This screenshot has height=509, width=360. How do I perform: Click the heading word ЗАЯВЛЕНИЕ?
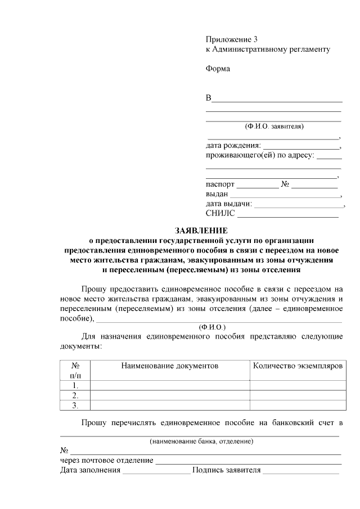pos(201,231)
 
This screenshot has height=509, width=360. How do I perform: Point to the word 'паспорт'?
pos(220,184)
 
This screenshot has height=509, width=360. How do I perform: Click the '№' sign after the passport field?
pos(285,184)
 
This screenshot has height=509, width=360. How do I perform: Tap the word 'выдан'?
pos(217,194)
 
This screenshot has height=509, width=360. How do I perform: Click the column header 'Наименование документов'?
pos(170,366)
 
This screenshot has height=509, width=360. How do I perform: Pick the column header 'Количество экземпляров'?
pos(298,366)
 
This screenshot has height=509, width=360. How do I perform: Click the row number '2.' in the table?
pos(75,395)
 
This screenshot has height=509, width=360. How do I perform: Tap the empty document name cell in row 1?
pos(170,385)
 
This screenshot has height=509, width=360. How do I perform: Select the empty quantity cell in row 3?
pos(298,405)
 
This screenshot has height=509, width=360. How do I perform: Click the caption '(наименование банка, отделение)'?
pos(201,442)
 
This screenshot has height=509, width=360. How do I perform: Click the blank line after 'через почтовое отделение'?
pos(248,462)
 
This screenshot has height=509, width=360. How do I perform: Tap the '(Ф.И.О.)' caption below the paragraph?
pos(212,327)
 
